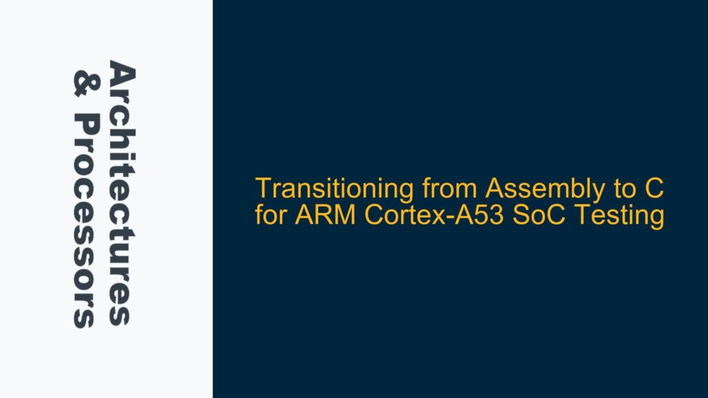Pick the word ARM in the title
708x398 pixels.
click(x=310, y=217)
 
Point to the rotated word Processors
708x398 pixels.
click(x=85, y=221)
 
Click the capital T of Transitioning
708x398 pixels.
click(x=261, y=188)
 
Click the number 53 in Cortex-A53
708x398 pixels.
click(x=459, y=217)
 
